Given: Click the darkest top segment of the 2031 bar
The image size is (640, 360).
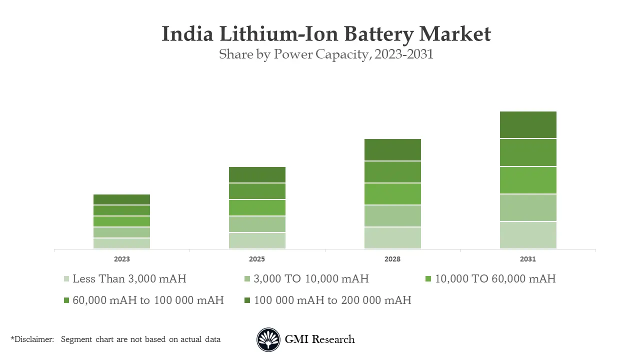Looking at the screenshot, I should [528, 124].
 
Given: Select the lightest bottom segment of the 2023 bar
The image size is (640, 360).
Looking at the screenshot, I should [121, 243].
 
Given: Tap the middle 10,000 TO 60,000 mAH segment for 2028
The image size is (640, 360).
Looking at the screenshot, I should [392, 194].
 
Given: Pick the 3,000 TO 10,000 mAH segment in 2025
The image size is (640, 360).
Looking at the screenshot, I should [257, 224].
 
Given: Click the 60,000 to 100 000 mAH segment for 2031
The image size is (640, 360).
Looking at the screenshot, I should [528, 152].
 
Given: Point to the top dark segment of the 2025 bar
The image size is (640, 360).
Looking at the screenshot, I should [257, 174].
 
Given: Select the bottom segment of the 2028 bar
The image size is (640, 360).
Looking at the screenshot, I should [392, 238].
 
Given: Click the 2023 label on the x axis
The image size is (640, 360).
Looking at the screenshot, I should [121, 259].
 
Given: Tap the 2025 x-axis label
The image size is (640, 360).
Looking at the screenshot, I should [257, 259].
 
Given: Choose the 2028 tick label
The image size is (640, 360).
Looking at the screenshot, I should [392, 259].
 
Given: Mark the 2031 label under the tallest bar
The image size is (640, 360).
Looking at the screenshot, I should [528, 259].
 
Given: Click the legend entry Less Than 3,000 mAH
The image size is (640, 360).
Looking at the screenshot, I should [129, 278].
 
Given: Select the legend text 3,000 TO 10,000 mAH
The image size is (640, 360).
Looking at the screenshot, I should [311, 278].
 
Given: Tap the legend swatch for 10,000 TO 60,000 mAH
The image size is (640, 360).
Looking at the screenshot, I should [428, 279].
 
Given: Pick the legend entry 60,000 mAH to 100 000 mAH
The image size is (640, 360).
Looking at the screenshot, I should [148, 300].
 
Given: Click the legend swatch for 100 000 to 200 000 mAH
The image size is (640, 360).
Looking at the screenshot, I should [247, 300].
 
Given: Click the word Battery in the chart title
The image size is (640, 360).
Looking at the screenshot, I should [372, 34].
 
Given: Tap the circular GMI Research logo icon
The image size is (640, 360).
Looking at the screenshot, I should [268, 340].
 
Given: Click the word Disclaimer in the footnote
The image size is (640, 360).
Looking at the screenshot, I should [33, 339].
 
